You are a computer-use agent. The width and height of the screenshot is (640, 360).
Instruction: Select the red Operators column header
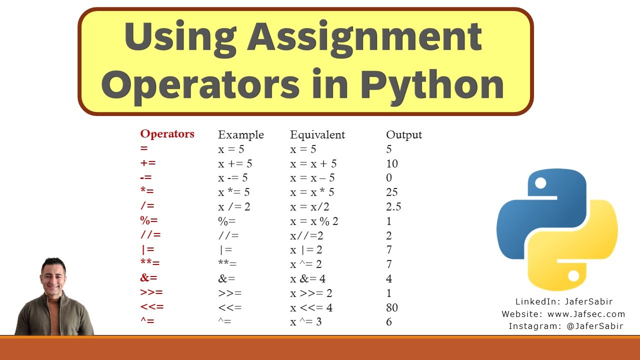point(167,134)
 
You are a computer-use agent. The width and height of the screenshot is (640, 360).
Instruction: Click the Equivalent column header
point(317,134)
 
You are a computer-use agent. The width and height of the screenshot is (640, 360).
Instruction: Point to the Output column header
point(404,134)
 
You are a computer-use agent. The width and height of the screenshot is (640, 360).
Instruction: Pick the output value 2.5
point(393,206)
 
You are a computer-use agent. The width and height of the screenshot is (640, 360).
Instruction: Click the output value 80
point(392,307)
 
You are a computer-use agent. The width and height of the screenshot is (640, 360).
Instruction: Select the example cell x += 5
point(235,163)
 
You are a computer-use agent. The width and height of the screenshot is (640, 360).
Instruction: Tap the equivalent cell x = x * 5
point(312,192)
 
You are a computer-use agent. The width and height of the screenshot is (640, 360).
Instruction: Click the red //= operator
point(150,235)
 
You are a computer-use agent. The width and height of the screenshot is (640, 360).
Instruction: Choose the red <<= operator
point(152,307)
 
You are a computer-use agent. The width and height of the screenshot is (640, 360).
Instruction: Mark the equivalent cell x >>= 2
point(311,293)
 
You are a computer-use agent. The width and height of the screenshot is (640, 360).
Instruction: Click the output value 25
point(392,192)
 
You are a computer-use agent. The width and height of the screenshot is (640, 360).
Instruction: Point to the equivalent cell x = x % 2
point(314,221)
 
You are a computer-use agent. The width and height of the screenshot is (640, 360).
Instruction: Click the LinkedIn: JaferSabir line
point(564,301)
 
